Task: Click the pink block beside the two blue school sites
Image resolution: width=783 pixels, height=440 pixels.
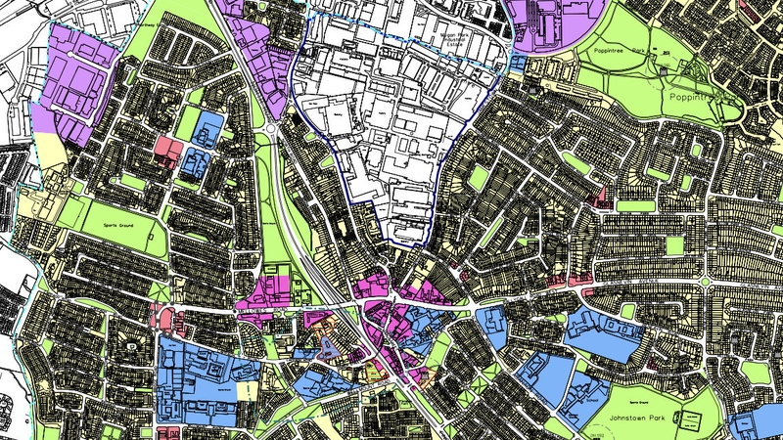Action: tap(168, 150)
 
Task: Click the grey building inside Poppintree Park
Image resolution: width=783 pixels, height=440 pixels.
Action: tap(666, 69)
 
